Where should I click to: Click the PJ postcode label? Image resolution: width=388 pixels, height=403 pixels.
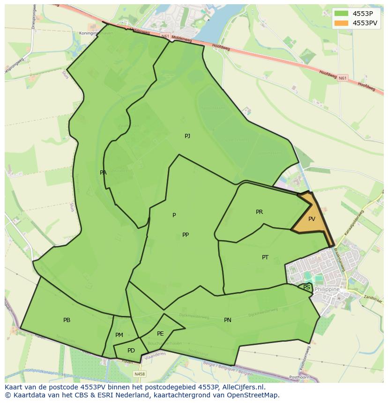tap(187, 136)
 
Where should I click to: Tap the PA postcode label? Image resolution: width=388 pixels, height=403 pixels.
tap(103, 173)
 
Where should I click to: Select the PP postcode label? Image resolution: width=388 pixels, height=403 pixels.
tap(186, 235)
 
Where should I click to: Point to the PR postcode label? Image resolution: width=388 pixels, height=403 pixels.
tap(259, 212)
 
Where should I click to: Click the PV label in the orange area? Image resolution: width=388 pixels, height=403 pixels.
tap(312, 219)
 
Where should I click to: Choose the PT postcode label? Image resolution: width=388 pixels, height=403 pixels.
tap(265, 257)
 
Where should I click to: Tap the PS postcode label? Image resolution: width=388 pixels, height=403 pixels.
tap(306, 287)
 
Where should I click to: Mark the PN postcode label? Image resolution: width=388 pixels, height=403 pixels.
tap(227, 320)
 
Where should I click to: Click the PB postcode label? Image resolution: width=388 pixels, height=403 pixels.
tap(67, 320)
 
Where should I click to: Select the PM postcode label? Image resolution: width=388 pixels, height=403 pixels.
tap(119, 335)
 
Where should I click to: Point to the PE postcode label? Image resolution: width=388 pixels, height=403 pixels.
tap(160, 334)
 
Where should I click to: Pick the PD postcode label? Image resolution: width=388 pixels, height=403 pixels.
tap(131, 351)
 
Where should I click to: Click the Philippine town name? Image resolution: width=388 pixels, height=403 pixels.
tap(328, 290)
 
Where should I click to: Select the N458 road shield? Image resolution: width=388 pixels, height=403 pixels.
tap(139, 374)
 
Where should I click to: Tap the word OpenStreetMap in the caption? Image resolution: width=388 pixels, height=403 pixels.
tap(253, 395)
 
